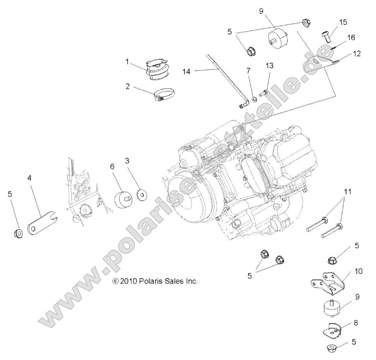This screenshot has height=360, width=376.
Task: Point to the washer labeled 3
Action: point(143,194)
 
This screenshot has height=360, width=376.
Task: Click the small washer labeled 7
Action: point(255,99)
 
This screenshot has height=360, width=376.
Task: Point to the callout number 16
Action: point(351,38)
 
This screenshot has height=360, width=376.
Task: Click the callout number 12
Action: point(357,54)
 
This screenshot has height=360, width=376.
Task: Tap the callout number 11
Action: point(348,192)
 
